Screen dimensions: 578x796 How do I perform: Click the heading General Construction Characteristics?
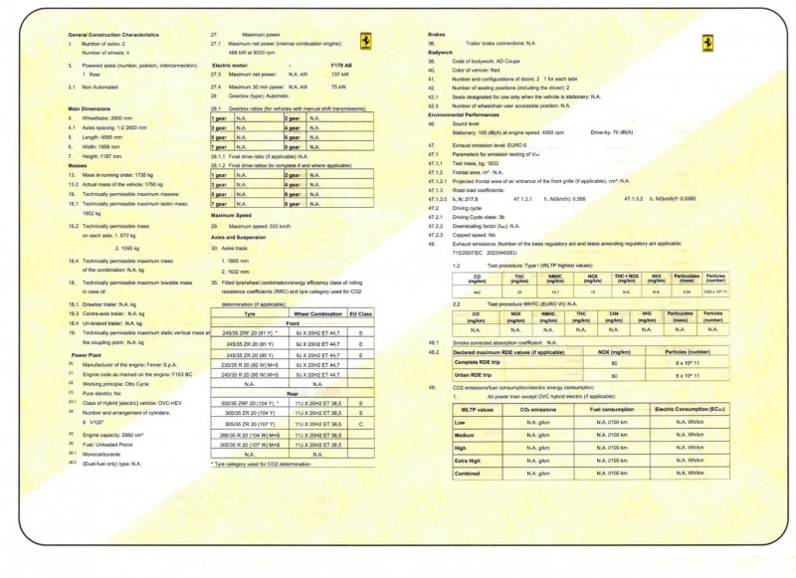coord(112,35)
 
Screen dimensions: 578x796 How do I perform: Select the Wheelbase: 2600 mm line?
coord(109,117)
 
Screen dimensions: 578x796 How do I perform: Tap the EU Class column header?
coord(365,313)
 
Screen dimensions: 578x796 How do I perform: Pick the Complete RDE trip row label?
coord(479,363)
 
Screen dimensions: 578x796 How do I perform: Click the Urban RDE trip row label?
coord(476,376)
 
